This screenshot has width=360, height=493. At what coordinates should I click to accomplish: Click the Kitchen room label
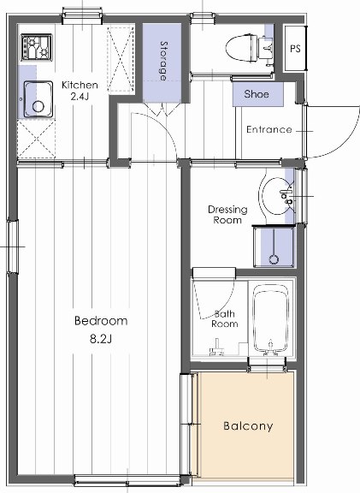coord(80,85)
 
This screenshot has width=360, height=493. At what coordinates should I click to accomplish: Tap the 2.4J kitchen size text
coord(80,98)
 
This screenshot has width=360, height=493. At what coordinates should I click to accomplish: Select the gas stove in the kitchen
coord(37,46)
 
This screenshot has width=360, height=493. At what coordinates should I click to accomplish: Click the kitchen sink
coord(37,97)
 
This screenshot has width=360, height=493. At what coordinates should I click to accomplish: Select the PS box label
coord(295,48)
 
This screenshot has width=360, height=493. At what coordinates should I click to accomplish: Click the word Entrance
coord(269,130)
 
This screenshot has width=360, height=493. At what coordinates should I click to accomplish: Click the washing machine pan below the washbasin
coord(273,246)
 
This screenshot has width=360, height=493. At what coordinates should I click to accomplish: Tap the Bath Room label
coord(224,318)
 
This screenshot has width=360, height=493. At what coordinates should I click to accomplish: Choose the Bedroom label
coord(101,321)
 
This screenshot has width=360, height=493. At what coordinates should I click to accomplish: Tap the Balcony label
coord(247,425)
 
